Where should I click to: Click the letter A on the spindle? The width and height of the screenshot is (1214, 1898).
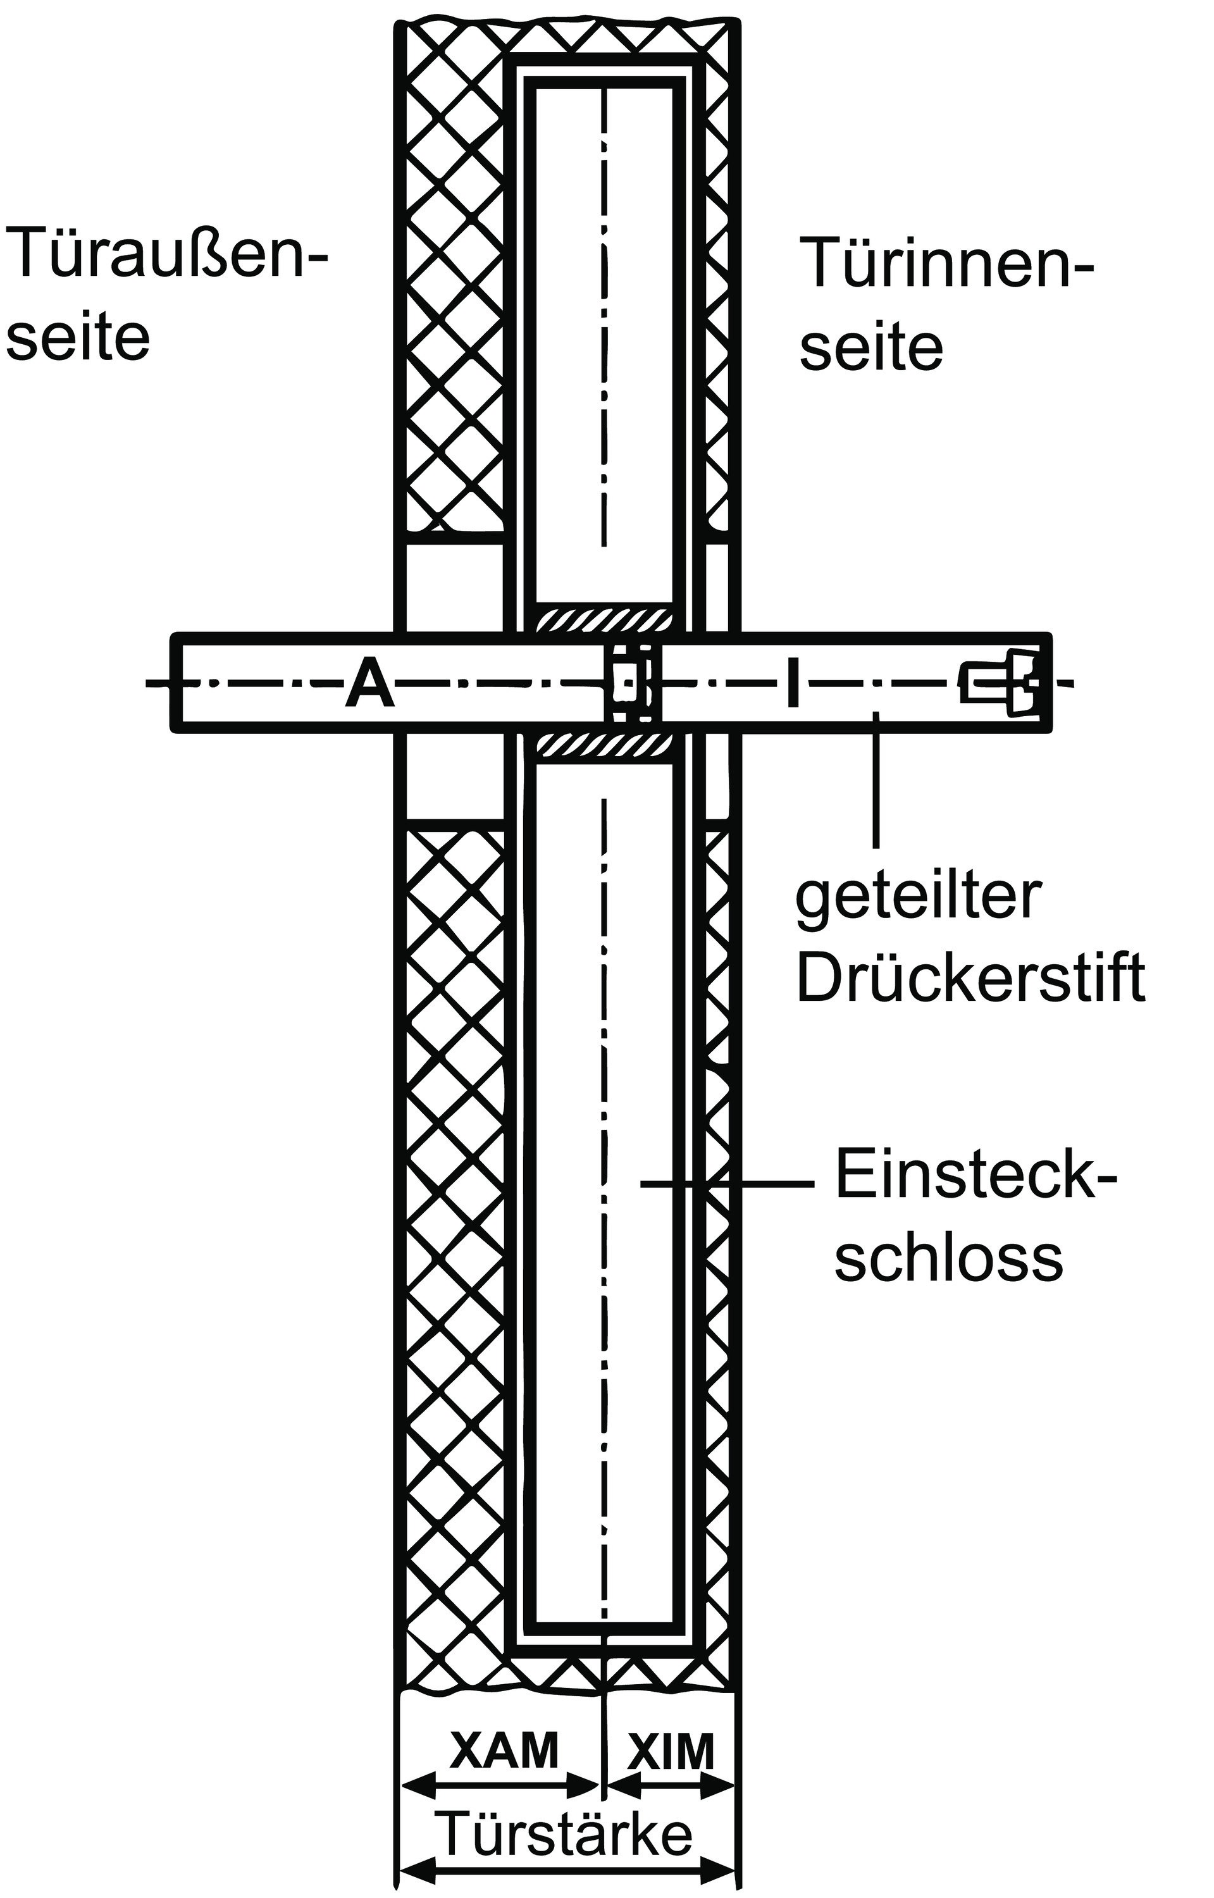(369, 684)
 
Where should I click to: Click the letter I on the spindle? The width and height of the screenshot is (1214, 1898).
(793, 683)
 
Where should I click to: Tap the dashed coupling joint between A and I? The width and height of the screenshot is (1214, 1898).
(630, 683)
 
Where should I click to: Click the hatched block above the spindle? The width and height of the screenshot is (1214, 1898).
(604, 619)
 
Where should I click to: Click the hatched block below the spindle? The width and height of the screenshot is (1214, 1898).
(604, 747)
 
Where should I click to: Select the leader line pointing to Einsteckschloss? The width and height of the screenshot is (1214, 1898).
(725, 1183)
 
